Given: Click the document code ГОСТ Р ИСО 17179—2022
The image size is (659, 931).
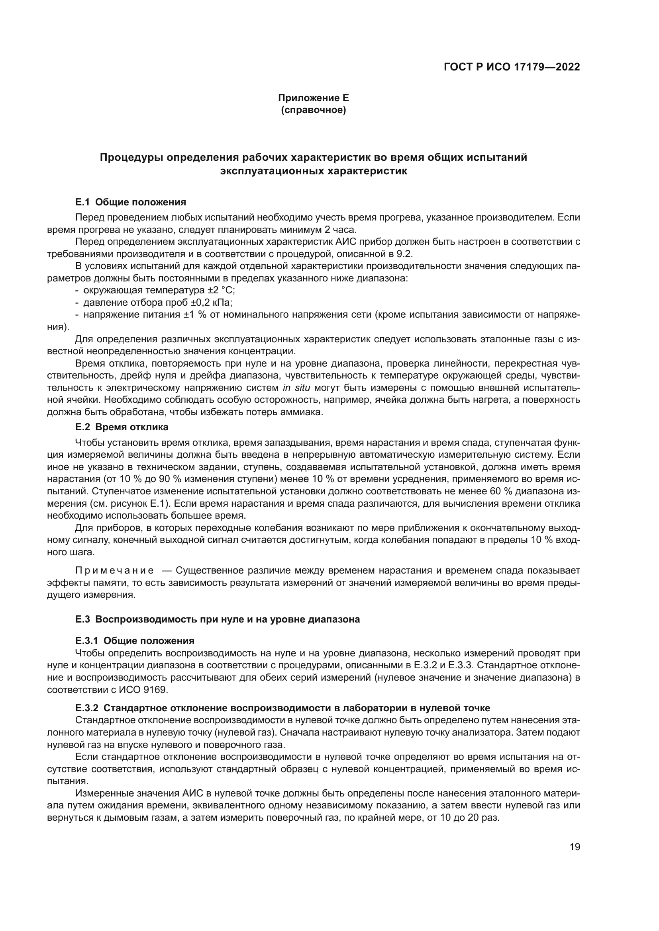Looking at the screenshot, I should pyautogui.click(x=512, y=67).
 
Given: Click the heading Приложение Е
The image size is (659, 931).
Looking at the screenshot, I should pyautogui.click(x=313, y=98).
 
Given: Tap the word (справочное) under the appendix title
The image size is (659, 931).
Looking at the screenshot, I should pyautogui.click(x=313, y=110).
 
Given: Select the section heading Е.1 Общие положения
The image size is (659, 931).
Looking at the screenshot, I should pyautogui.click(x=131, y=202).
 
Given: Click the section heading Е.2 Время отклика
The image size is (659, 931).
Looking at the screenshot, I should pyautogui.click(x=122, y=427).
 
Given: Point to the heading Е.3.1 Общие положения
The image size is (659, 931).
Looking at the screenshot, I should pyautogui.click(x=135, y=641).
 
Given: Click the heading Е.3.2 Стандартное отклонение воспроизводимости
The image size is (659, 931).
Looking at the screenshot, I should pyautogui.click(x=282, y=708).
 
